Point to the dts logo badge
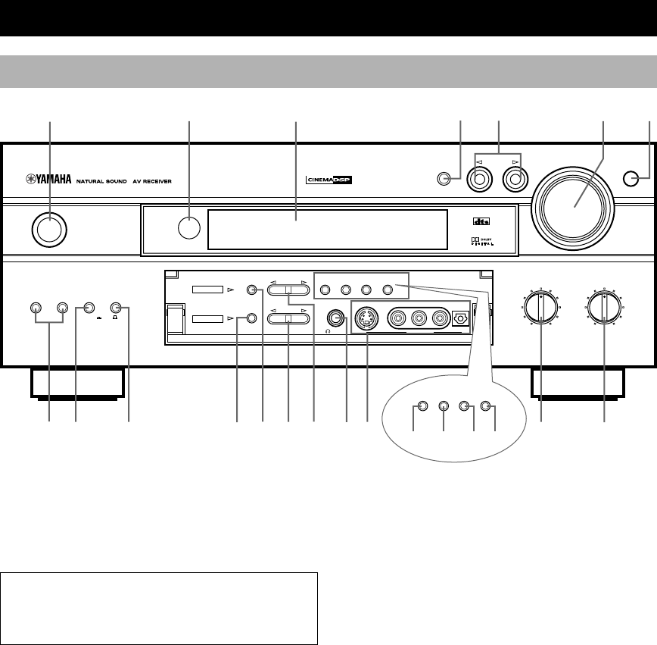click(x=478, y=221)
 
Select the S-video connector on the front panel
click(x=366, y=318)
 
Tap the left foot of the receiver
click(x=74, y=382)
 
